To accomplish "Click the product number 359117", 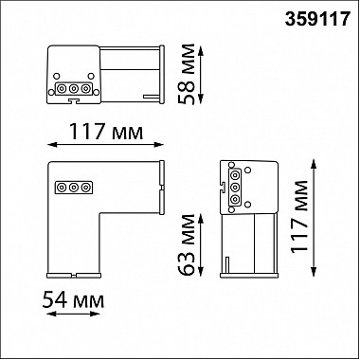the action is coord(317,19).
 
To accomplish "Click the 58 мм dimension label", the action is coord(187,74).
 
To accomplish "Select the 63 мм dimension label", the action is coord(187,244).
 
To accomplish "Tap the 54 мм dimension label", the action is coord(73,300).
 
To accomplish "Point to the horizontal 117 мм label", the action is coord(106,132).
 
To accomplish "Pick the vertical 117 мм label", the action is coord(299,217).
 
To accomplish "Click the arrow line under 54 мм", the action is coord(73,314).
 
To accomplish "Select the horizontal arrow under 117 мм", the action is coord(105,145).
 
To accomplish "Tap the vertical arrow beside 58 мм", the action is coord(201,74).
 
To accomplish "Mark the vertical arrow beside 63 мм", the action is coord(201,245).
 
